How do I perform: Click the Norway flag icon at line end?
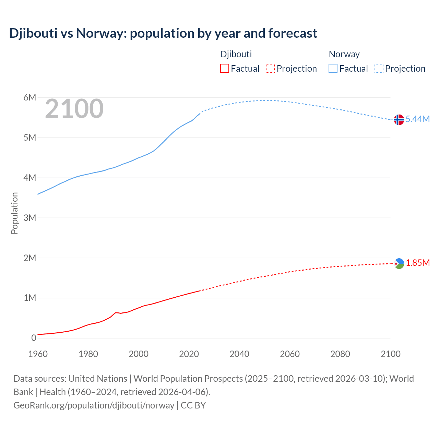399,120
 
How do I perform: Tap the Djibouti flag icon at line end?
399,263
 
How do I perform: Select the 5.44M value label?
417,119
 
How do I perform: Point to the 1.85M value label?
418,263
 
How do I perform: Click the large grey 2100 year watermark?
74,109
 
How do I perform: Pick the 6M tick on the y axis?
30,97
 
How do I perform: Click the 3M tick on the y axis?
30,218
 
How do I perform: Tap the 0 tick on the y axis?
34,338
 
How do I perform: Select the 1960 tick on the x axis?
38,354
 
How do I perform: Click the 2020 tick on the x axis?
189,354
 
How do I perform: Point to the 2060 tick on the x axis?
290,354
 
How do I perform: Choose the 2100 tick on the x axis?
390,354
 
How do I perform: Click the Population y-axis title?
14,213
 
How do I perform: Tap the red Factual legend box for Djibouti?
224,68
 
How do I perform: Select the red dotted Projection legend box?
270,68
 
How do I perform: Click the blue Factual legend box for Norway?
333,68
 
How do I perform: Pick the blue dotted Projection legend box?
379,68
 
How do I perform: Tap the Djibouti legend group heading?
236,54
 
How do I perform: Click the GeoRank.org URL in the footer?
94,405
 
